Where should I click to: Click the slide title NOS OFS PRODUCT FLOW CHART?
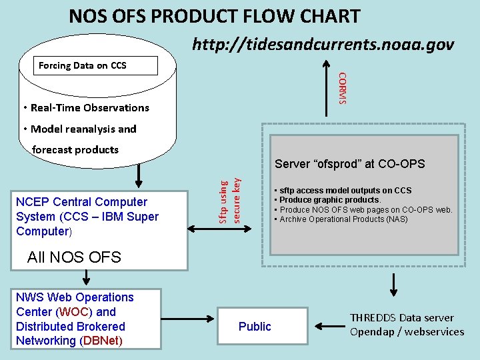click(214, 16)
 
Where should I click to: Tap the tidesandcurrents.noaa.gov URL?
click(323, 45)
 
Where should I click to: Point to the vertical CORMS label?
click(342, 87)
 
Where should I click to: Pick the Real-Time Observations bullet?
click(85, 107)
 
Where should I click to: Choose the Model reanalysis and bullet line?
click(79, 129)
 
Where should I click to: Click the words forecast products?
click(75, 149)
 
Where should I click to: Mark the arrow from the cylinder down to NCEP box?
click(139, 175)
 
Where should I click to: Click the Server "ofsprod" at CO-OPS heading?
click(349, 164)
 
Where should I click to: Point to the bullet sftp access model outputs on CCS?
click(345, 191)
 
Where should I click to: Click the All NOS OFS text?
click(73, 257)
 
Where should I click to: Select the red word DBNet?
click(100, 341)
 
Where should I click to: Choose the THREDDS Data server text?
click(401, 317)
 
